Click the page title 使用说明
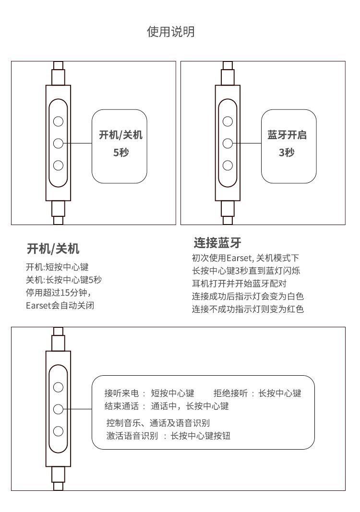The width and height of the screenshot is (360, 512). (170, 32)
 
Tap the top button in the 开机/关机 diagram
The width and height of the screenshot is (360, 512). (59, 121)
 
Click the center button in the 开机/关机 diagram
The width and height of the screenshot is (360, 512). (59, 143)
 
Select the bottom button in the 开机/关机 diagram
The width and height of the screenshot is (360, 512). (59, 166)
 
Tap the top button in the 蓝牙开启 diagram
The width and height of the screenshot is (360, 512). (228, 121)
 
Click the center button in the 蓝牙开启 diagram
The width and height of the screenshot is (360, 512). (228, 143)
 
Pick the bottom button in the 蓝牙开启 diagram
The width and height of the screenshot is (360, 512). (228, 166)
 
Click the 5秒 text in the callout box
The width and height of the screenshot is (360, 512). (120, 153)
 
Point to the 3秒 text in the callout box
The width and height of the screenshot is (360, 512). (287, 153)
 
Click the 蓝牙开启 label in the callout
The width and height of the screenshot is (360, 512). (287, 135)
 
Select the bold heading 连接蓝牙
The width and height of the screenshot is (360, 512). (217, 242)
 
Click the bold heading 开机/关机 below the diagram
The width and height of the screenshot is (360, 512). (53, 249)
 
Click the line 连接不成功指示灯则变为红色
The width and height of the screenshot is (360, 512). (248, 309)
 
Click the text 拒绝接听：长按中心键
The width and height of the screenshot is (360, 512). (257, 393)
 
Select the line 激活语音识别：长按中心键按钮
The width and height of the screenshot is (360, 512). (168, 436)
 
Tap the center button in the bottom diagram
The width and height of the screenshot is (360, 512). (59, 409)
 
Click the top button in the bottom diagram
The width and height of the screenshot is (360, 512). (59, 387)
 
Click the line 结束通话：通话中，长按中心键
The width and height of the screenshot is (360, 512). (167, 406)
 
